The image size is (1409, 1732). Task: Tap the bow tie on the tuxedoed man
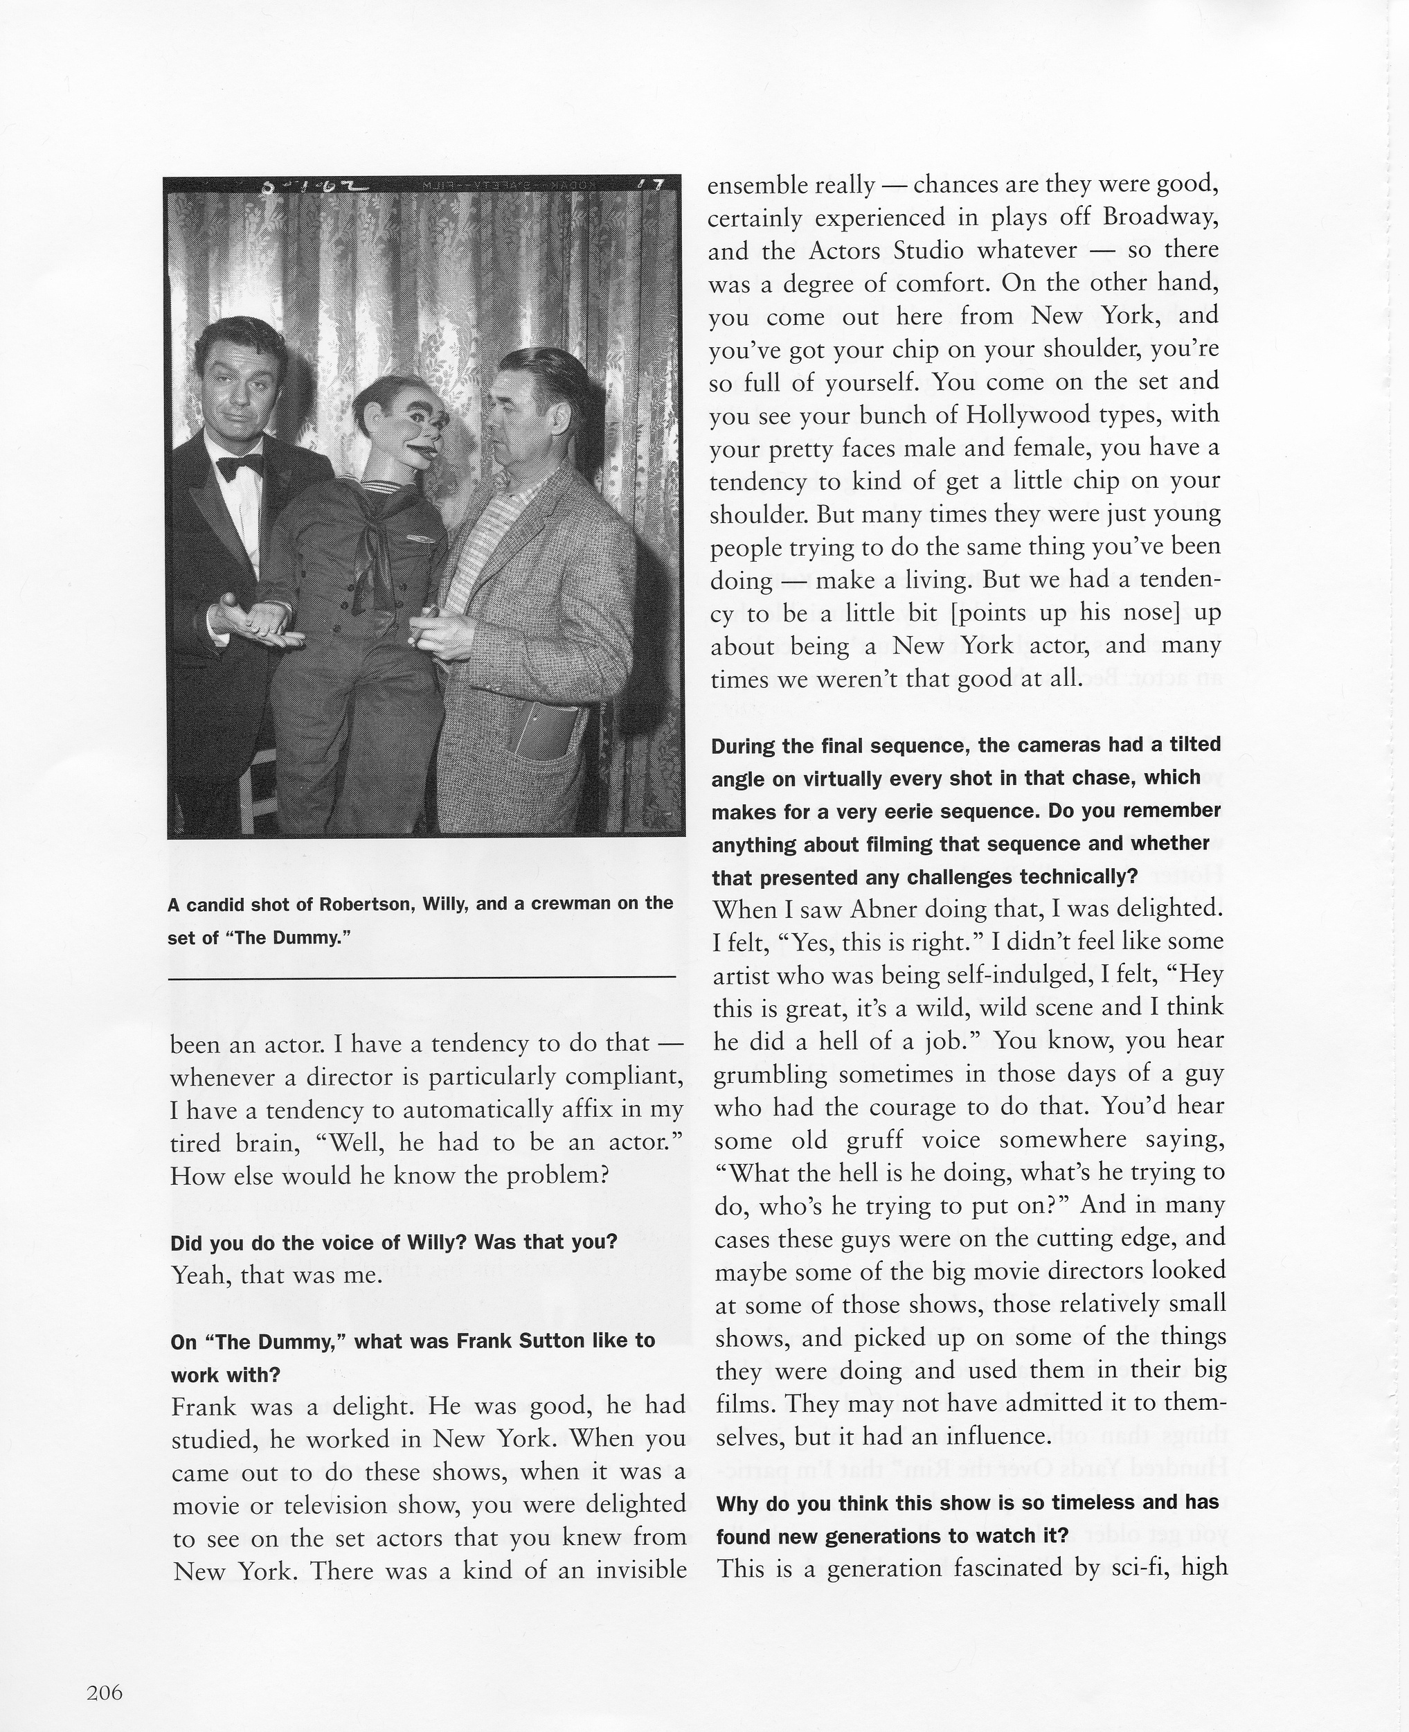240,466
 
